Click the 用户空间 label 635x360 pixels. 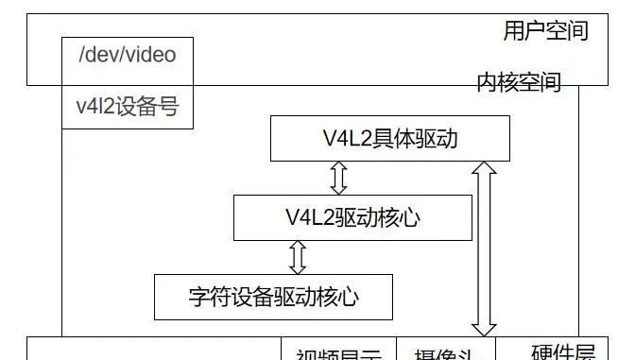pyautogui.click(x=545, y=31)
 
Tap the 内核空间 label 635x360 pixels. pyautogui.click(x=519, y=83)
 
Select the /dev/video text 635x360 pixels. pyautogui.click(x=127, y=55)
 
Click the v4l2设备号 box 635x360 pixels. pyautogui.click(x=127, y=108)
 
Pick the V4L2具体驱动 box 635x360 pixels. pyautogui.click(x=389, y=139)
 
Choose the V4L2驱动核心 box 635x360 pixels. pyautogui.click(x=352, y=217)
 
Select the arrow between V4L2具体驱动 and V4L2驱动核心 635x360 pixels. pyautogui.click(x=338, y=178)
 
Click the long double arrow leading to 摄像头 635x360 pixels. pyautogui.click(x=484, y=249)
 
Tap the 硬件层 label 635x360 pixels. pyautogui.click(x=563, y=353)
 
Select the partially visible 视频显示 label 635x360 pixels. pyautogui.click(x=338, y=355)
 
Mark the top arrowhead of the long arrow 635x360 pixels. pyautogui.click(x=484, y=168)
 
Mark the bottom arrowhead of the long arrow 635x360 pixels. pyautogui.click(x=484, y=330)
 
